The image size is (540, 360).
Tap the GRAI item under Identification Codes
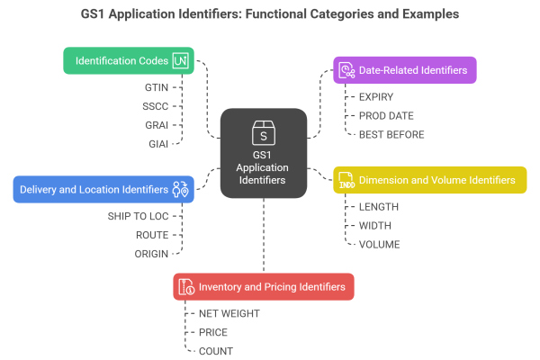157,125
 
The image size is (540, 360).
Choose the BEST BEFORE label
391,134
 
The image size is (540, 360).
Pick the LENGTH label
380,207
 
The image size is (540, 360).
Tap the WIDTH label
376,225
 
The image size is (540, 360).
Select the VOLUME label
380,243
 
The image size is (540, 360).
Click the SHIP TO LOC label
139,216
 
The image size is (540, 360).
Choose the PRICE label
212,332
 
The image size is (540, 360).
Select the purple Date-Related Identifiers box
404,70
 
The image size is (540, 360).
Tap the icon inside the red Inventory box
187,287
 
